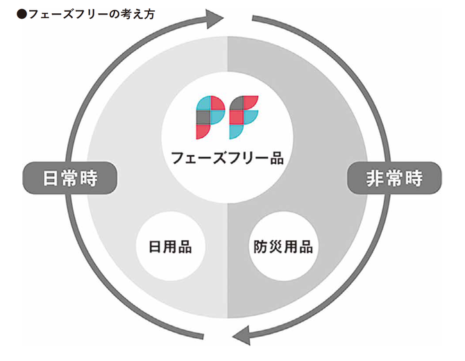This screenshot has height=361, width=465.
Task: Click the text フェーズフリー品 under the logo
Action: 228,158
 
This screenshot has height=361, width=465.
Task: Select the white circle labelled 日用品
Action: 170,246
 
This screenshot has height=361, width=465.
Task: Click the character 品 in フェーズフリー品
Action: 276,158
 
